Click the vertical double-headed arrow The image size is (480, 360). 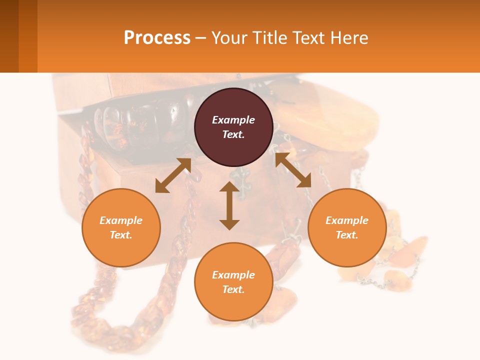229,205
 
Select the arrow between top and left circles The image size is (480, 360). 173,175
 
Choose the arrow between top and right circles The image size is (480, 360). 293,170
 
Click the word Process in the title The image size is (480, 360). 157,37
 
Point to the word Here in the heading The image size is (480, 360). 349,37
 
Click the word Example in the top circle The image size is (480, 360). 233,120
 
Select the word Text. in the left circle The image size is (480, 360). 121,235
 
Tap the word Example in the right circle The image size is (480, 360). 347,220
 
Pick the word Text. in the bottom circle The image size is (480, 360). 233,289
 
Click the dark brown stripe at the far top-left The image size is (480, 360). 9,36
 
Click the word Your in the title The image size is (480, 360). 228,37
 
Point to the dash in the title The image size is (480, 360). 200,38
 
